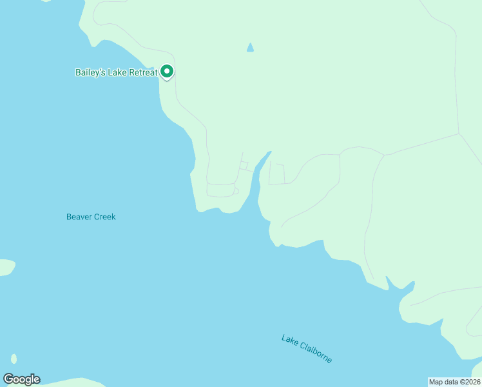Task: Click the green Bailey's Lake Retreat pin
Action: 167,72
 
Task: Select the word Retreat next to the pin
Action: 143,72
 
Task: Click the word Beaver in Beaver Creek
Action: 79,217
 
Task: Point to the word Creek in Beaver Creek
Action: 105,217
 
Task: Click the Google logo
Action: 21,379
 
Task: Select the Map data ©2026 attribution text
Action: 455,382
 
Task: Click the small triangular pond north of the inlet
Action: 250,48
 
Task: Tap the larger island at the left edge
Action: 5,267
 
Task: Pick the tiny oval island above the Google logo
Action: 14,359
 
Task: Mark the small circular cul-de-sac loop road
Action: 236,191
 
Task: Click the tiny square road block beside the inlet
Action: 244,166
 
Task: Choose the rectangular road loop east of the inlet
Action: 276,174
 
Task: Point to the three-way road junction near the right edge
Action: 459,134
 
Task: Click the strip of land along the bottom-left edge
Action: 64,382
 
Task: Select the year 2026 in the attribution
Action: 472,382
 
